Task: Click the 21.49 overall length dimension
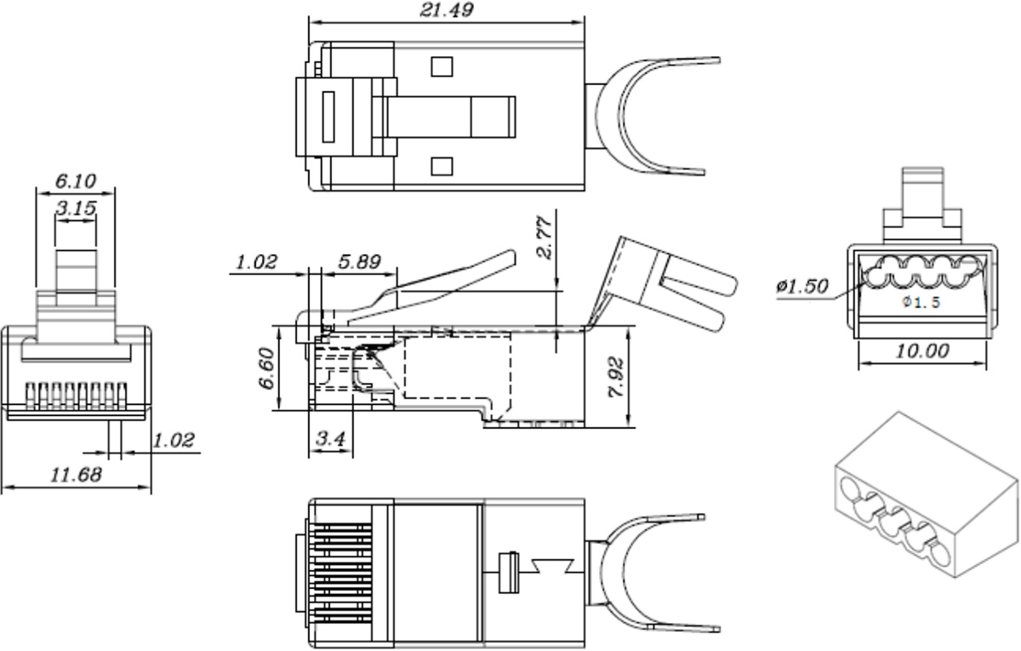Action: pyautogui.click(x=447, y=9)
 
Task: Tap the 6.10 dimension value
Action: pyautogui.click(x=76, y=181)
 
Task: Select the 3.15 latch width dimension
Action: pyautogui.click(x=76, y=208)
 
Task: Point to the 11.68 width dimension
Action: pyautogui.click(x=76, y=475)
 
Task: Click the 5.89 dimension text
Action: pyautogui.click(x=359, y=262)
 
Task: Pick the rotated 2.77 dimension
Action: pyautogui.click(x=545, y=237)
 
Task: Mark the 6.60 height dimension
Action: pyautogui.click(x=267, y=368)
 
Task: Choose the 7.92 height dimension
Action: pyautogui.click(x=616, y=378)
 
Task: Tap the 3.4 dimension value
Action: pyautogui.click(x=330, y=438)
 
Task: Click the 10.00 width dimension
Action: pyautogui.click(x=922, y=351)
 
